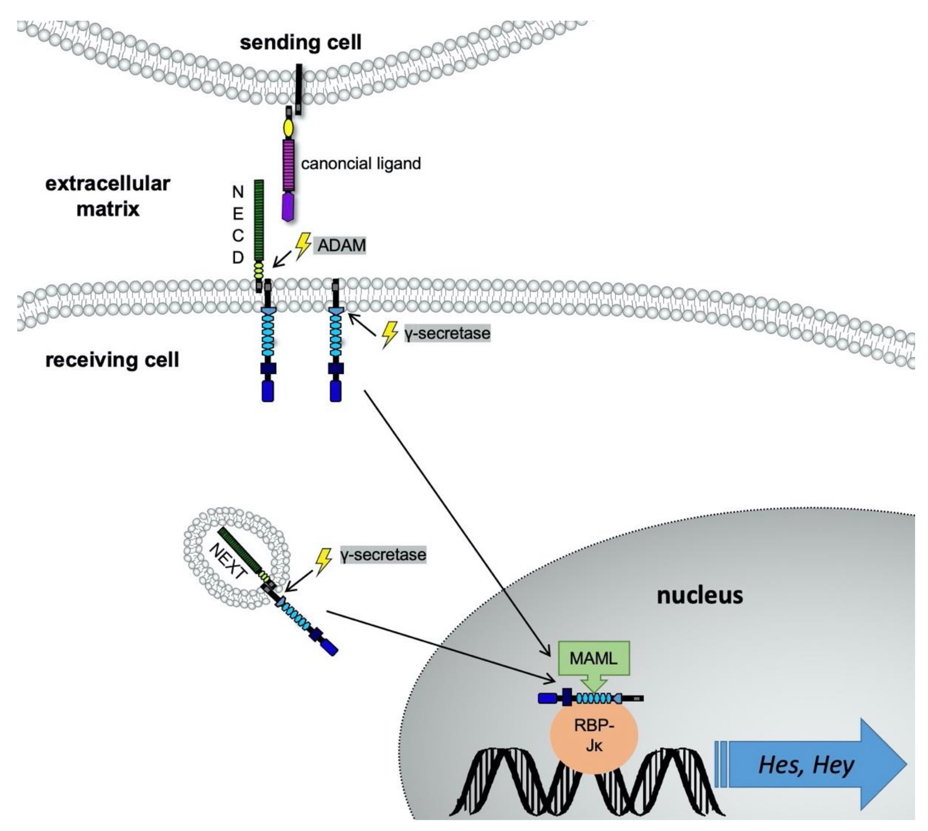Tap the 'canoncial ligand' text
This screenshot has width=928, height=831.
point(361,164)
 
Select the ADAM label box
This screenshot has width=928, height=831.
point(340,245)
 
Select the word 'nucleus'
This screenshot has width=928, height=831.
point(700,595)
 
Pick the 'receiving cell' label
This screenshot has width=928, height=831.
point(112,360)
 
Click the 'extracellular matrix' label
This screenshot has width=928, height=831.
point(108,196)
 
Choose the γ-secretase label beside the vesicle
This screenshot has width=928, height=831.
point(383,555)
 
